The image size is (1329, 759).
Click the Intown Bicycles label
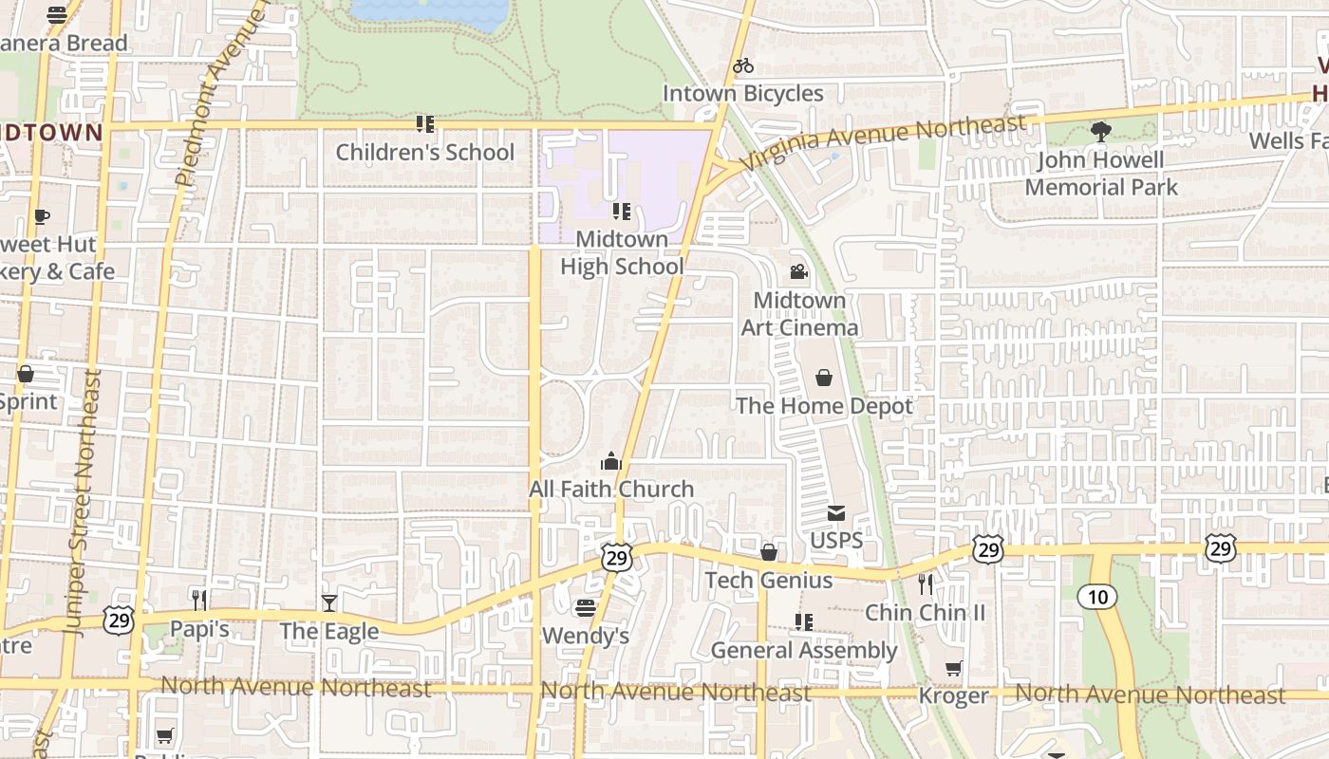pos(742,93)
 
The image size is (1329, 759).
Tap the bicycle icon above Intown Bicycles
pos(743,65)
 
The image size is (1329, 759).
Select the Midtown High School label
pos(621,253)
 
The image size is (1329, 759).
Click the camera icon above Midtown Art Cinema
pos(799,272)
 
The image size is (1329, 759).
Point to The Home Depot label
pos(824,406)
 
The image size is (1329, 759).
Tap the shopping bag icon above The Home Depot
pos(824,378)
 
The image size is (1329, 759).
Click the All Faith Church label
pos(611,490)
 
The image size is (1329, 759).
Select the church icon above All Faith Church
pos(610,461)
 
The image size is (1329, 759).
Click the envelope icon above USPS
pos(836,513)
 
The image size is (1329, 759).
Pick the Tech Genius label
pos(769,581)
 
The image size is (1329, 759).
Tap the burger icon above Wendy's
pos(586,607)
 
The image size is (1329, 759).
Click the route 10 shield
pos(1096,597)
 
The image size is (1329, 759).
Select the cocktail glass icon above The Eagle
pos(328,602)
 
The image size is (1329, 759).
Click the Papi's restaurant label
pos(199,629)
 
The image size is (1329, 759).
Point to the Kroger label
pos(953,696)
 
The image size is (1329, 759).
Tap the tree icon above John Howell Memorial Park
pos(1101,132)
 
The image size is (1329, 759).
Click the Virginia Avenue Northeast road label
pos(883,141)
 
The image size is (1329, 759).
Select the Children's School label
pos(424,152)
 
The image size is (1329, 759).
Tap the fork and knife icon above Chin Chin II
pos(926,583)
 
